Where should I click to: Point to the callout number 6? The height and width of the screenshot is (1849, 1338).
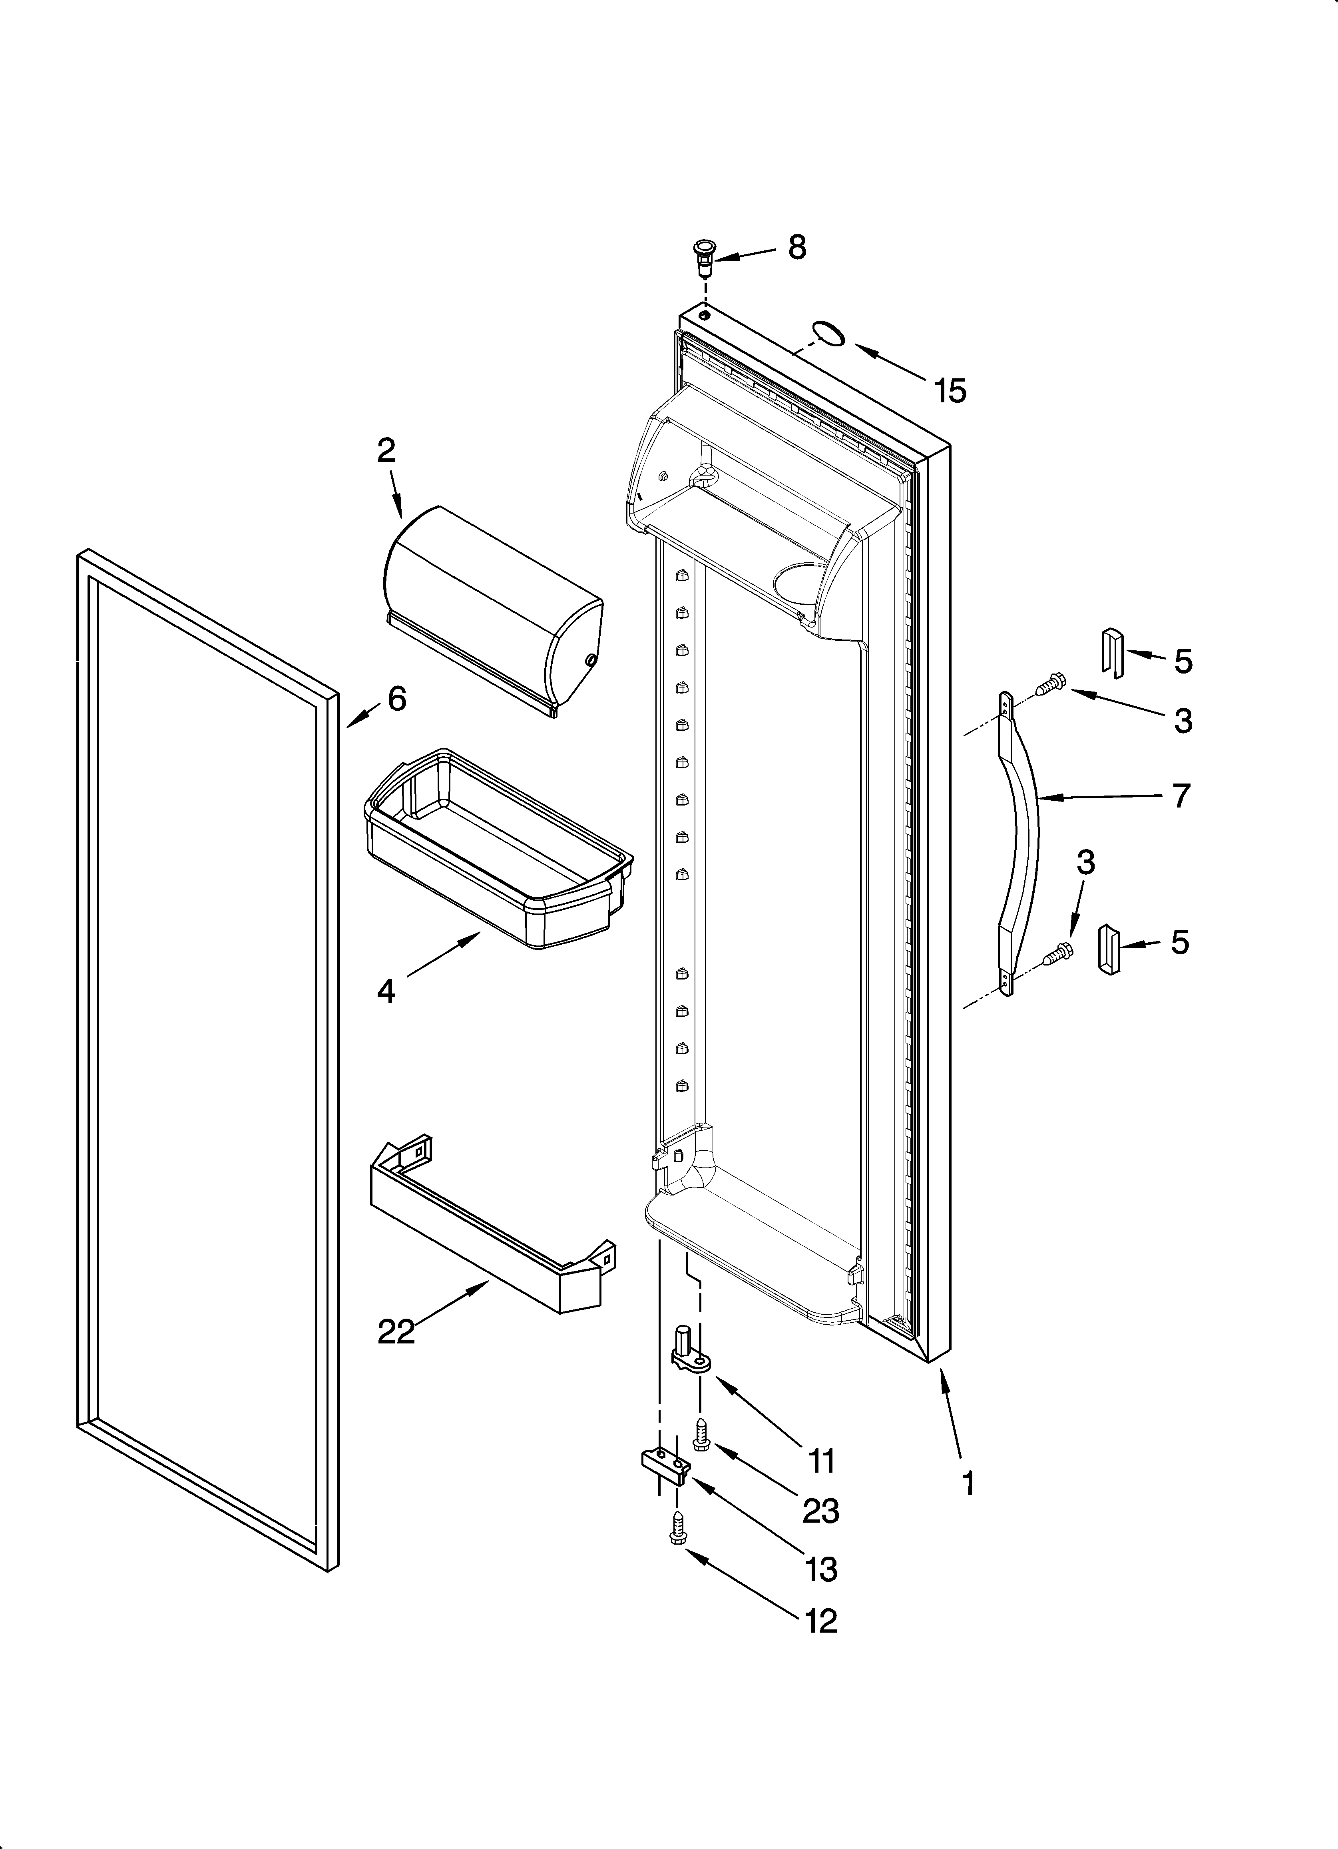coord(397,699)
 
